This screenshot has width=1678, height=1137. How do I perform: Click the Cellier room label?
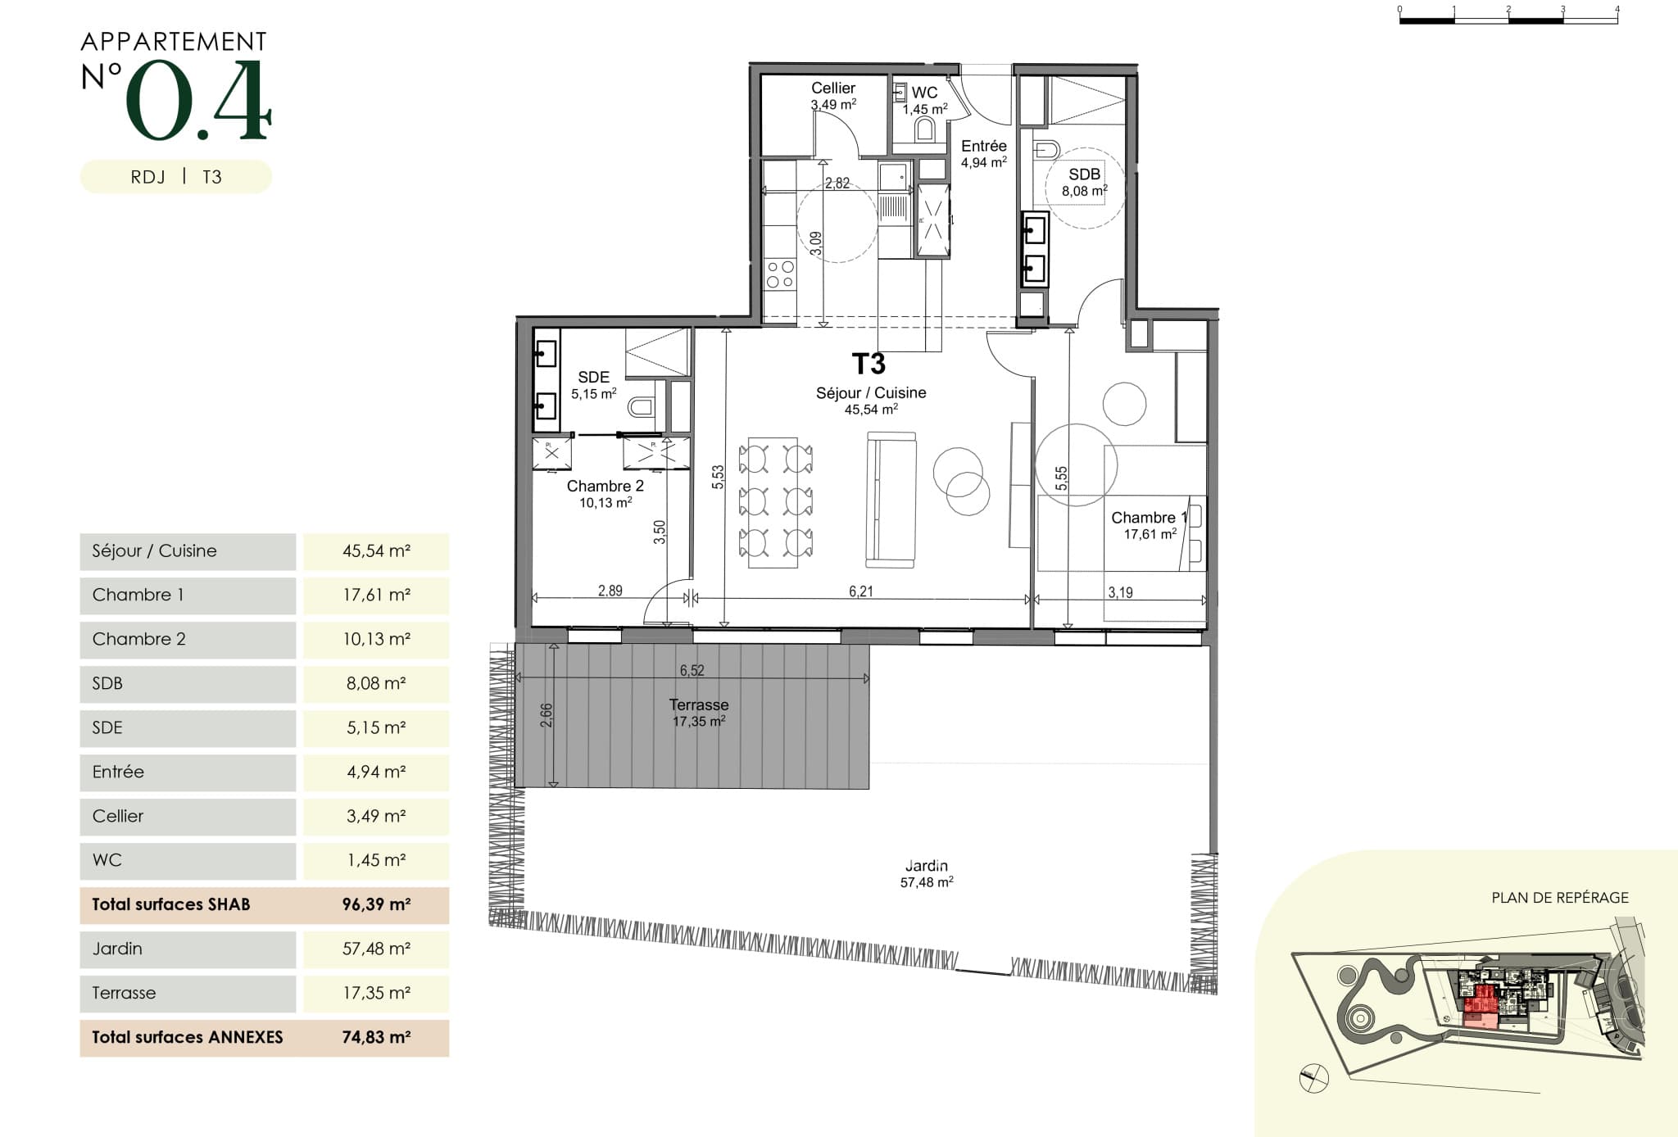point(833,88)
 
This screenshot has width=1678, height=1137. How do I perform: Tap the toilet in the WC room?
point(925,129)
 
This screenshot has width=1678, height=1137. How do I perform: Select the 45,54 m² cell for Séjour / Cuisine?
point(376,551)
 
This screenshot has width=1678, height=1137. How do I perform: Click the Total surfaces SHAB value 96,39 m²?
point(376,904)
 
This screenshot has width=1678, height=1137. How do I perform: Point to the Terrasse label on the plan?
point(699,704)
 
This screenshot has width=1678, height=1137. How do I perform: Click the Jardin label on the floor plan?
point(927,865)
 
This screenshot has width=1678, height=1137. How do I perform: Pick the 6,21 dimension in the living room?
point(860,591)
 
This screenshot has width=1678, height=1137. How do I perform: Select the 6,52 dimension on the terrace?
point(692,670)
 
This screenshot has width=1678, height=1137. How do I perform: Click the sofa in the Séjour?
point(891,501)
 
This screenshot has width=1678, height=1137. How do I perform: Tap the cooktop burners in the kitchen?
point(780,274)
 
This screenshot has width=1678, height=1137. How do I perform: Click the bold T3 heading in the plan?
point(868,363)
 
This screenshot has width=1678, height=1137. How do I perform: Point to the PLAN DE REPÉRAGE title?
point(1560,898)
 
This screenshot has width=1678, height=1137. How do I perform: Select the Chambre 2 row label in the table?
point(139,639)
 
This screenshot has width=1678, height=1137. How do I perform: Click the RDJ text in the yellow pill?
point(147,177)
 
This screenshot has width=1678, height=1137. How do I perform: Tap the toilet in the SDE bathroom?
point(642,406)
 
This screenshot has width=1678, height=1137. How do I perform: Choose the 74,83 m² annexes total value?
point(376,1037)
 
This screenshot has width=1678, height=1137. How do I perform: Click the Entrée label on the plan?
point(984,146)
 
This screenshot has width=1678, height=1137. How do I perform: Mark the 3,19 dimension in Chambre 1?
point(1120,592)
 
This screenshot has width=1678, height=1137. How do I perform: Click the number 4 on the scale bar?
point(1617,9)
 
